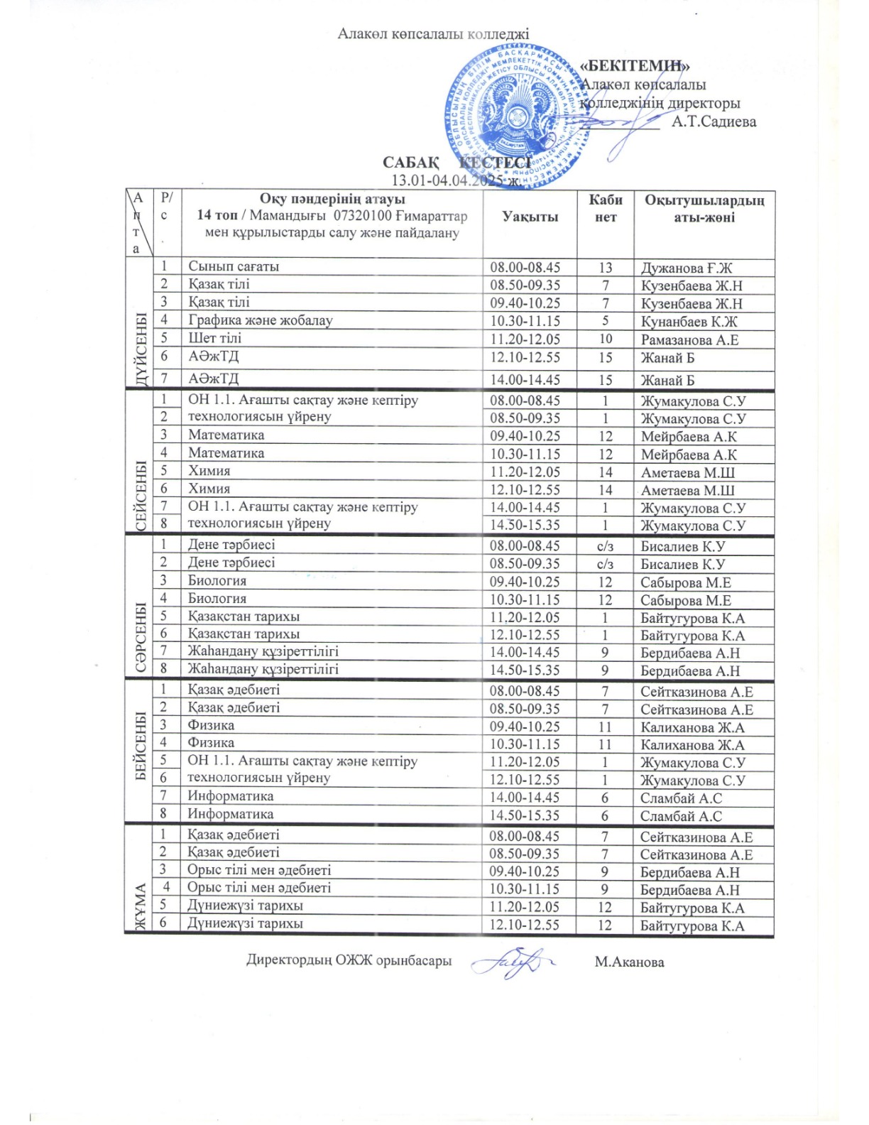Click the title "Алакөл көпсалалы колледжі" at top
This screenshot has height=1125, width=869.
(433, 33)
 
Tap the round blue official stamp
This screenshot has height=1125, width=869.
(518, 117)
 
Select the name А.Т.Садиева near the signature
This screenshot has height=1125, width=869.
(714, 121)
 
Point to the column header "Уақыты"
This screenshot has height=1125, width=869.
(530, 217)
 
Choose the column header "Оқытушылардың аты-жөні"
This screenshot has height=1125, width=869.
(704, 209)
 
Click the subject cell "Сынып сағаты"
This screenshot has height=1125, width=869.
(234, 267)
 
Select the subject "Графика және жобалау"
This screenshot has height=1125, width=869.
(260, 320)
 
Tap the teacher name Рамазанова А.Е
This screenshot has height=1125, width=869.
(689, 340)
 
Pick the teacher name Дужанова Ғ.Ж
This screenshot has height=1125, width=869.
(686, 268)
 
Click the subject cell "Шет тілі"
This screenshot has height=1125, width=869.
(214, 339)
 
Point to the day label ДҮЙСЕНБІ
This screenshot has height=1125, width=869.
(140, 349)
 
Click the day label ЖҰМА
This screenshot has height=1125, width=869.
(139, 906)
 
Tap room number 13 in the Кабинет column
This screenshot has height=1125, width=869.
(605, 268)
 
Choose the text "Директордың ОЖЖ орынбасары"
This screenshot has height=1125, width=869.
(349, 961)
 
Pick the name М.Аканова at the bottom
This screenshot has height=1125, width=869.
(629, 962)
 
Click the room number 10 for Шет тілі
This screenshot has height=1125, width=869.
(605, 339)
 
